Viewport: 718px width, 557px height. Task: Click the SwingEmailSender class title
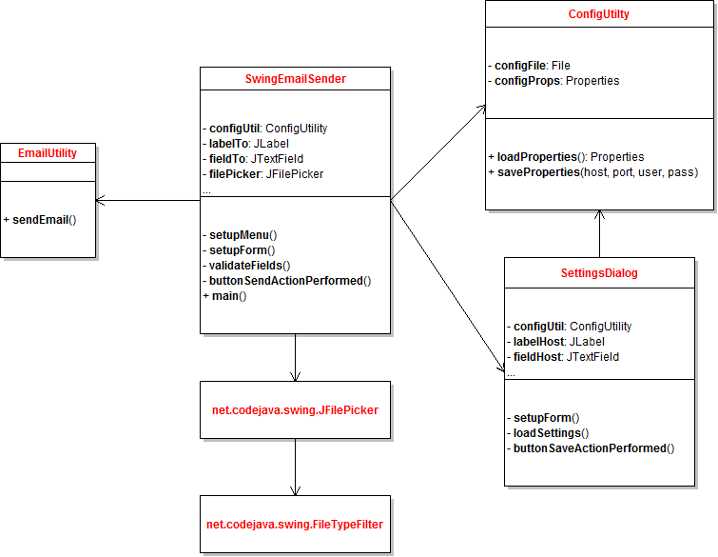(295, 79)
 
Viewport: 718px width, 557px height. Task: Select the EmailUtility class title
(48, 152)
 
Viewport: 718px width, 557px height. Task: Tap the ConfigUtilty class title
(599, 14)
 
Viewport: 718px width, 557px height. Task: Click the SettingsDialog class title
(599, 272)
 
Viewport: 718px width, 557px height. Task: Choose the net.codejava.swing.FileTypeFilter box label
(295, 524)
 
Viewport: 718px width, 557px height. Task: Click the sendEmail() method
(43, 219)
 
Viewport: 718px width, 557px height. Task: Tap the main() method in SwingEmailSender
(226, 296)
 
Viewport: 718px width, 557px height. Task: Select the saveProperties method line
(594, 171)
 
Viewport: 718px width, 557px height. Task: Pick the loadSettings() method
(551, 432)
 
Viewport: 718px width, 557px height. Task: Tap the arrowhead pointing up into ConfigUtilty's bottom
(599, 215)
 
